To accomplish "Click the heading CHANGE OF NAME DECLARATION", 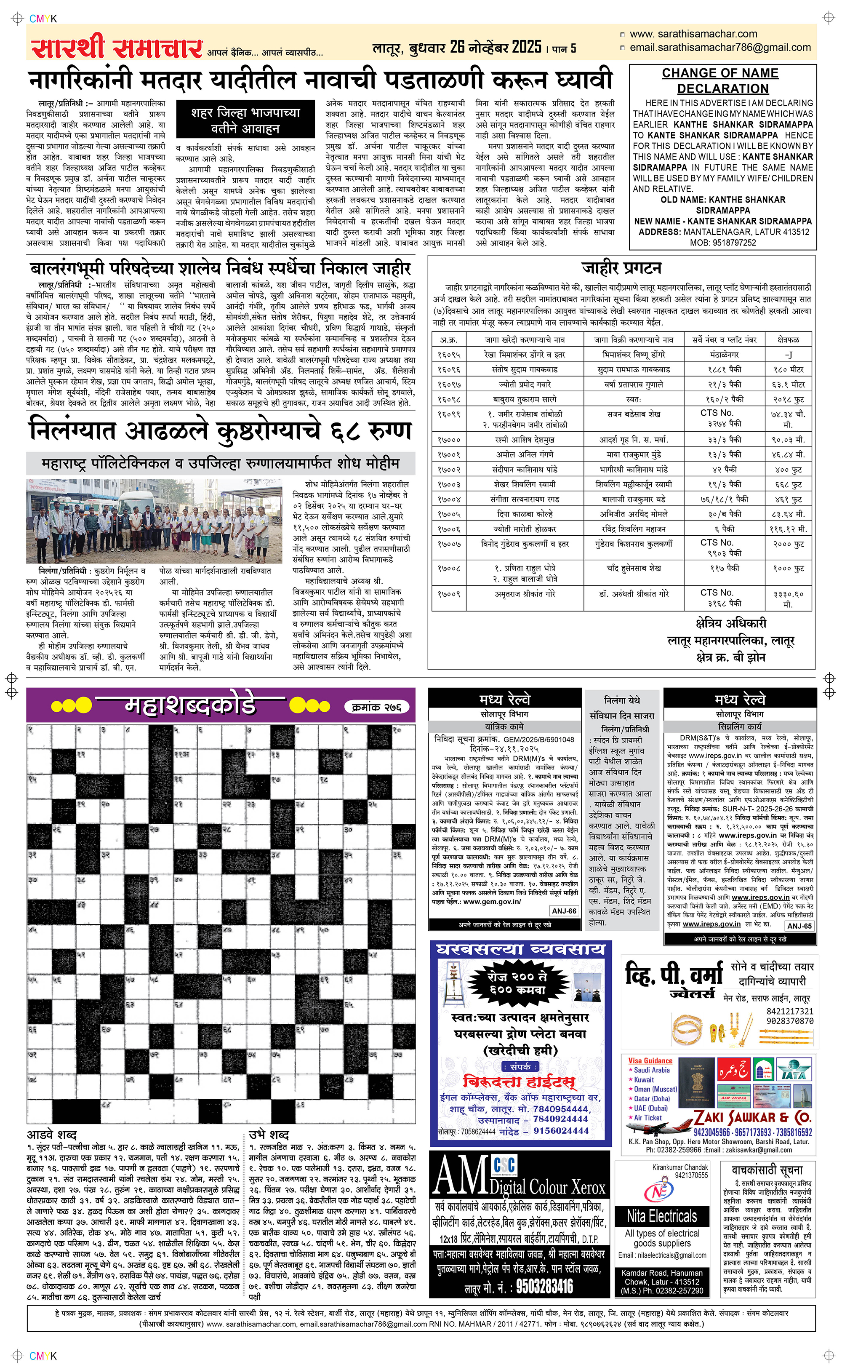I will (722, 81).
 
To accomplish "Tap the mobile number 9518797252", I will (723, 243).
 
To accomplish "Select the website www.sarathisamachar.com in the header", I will (693, 34).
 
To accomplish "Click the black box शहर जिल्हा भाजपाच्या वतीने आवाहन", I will (245, 120).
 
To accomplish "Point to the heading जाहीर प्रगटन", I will (621, 268).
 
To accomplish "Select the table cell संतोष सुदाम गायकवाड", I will (525, 370).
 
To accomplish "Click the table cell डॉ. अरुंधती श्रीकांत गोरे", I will (634, 594).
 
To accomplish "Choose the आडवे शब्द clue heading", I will (52, 1135).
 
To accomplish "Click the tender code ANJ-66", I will (564, 911).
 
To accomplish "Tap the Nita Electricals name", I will (661, 1216).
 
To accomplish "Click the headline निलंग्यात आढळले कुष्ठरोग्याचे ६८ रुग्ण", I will (220, 432).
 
